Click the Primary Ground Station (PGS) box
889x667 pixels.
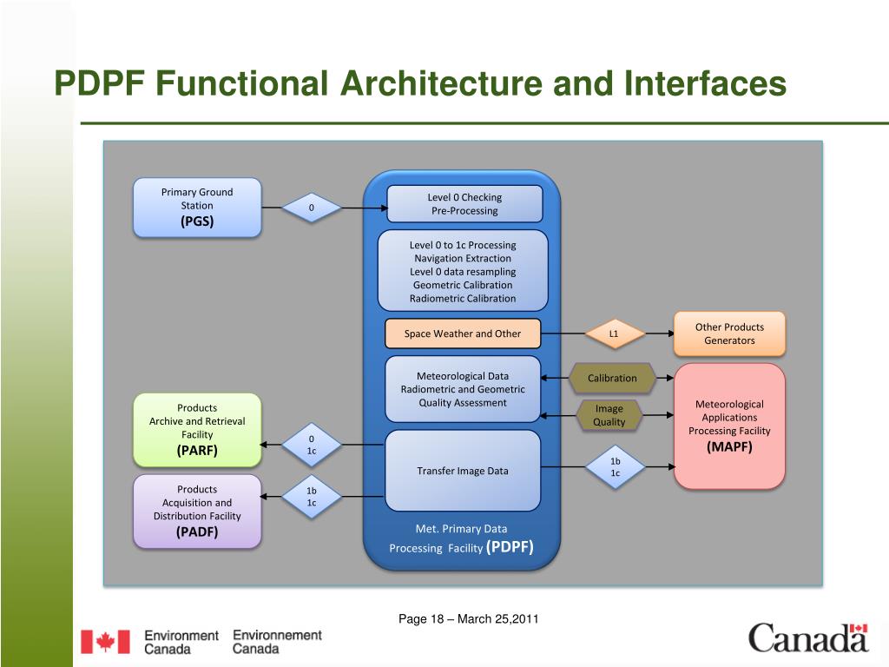[x=197, y=207]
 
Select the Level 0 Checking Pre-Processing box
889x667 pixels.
[x=464, y=204]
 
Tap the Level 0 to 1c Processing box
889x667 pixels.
[x=463, y=271]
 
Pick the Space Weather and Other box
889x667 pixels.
[x=463, y=333]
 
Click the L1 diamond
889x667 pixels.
[x=613, y=333]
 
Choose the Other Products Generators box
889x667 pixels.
[x=729, y=333]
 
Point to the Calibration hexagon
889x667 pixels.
[x=612, y=378]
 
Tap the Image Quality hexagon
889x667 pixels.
[x=609, y=415]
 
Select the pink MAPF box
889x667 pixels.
[x=729, y=426]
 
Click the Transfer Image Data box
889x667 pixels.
[x=463, y=471]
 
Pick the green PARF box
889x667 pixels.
[x=197, y=429]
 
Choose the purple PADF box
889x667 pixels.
[x=197, y=511]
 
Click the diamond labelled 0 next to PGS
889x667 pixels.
[x=311, y=208]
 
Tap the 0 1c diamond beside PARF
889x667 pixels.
[x=311, y=445]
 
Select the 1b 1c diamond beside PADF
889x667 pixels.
[x=311, y=497]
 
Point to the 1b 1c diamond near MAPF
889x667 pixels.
[x=615, y=467]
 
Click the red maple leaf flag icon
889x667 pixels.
[x=105, y=642]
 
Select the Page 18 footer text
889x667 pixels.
[x=469, y=619]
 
